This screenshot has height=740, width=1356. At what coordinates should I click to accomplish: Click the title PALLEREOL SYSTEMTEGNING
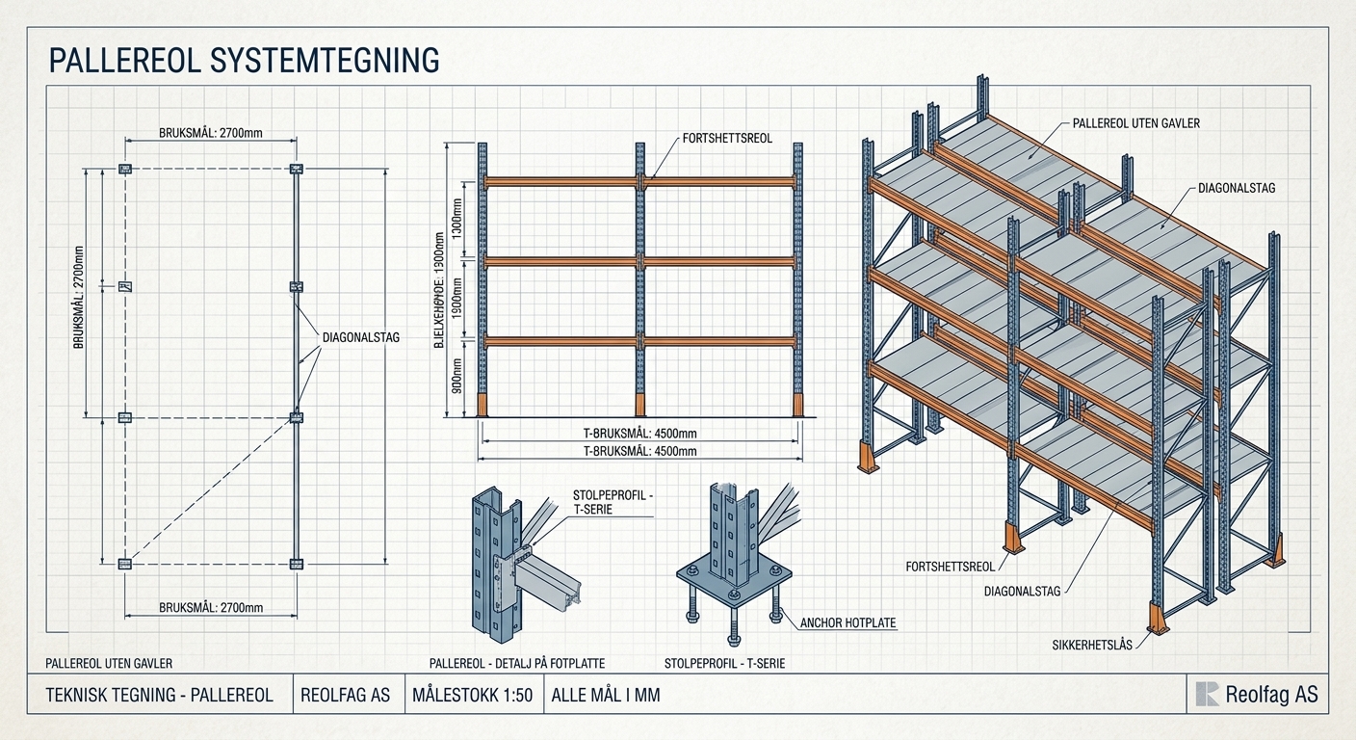click(244, 61)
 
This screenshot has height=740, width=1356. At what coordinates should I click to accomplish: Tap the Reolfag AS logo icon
click(1207, 694)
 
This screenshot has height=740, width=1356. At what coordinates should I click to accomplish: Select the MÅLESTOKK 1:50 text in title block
click(472, 695)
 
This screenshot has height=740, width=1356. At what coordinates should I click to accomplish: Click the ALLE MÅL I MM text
click(606, 695)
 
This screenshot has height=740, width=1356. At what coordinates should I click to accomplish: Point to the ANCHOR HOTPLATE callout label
click(847, 623)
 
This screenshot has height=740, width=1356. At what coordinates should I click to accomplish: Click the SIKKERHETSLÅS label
click(1092, 646)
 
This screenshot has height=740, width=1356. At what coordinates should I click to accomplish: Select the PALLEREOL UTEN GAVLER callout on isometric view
click(1136, 123)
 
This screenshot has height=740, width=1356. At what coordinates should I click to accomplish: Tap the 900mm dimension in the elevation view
click(457, 376)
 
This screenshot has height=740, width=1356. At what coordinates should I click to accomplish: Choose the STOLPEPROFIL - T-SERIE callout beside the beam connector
click(613, 502)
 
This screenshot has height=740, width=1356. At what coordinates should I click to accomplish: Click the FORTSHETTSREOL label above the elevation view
click(727, 139)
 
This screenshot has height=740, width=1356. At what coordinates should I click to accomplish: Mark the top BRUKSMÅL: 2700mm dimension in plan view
click(211, 133)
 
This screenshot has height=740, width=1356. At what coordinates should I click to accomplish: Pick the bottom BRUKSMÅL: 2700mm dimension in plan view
click(211, 607)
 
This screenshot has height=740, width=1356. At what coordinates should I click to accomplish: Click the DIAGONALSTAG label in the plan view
click(361, 338)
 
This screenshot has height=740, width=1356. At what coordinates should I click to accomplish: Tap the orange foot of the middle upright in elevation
click(640, 405)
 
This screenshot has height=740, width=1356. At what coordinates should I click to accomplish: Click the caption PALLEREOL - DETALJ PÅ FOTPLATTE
click(517, 664)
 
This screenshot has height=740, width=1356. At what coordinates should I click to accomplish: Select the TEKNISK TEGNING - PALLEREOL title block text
click(159, 695)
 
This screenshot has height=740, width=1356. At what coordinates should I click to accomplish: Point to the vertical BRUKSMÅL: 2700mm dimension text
click(79, 297)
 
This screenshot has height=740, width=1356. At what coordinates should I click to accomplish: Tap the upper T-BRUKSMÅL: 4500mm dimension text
click(639, 434)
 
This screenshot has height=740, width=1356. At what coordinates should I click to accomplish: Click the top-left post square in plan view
click(124, 169)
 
